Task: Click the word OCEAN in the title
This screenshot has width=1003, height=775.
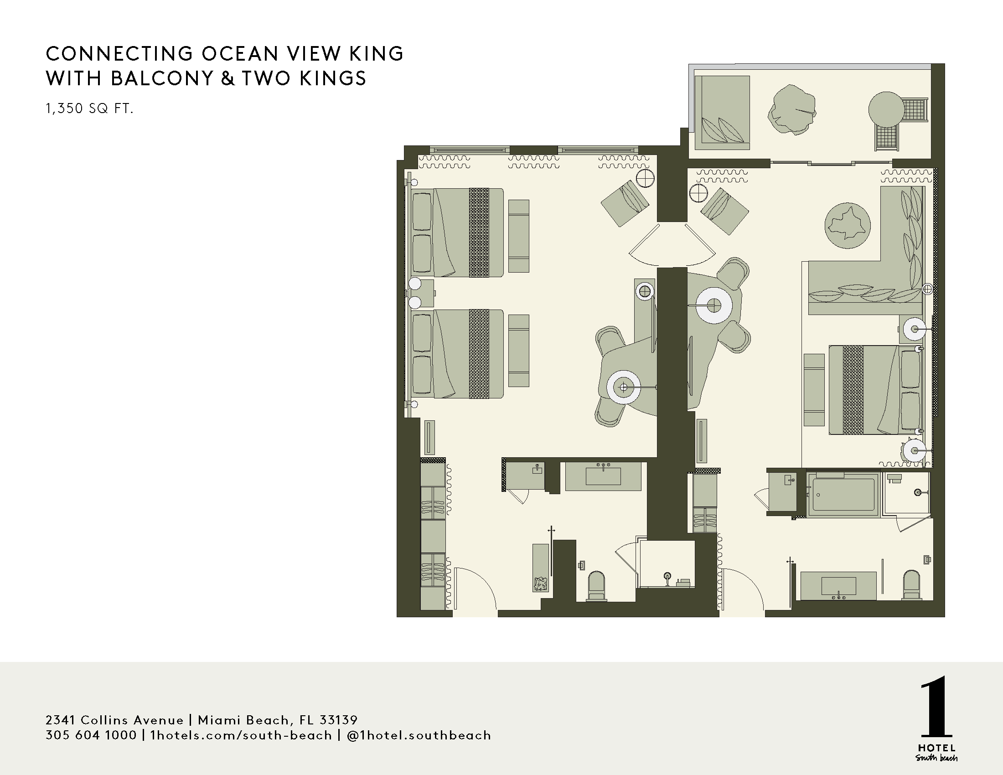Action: [240, 54]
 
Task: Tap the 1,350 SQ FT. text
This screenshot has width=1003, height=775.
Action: [89, 108]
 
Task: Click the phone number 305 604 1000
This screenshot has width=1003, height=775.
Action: [91, 735]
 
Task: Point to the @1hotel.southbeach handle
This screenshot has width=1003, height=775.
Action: [419, 735]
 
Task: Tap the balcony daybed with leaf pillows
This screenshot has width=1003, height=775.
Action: [722, 113]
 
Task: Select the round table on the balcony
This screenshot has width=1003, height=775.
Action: [886, 109]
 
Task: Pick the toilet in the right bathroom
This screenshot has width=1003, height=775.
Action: [912, 584]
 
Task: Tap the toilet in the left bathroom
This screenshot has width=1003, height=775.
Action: [597, 586]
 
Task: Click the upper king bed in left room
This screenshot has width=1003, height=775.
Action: [457, 232]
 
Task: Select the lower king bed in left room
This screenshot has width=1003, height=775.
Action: [457, 353]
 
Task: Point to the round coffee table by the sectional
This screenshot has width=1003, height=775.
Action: [848, 226]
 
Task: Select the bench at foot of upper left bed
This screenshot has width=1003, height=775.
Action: [519, 236]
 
